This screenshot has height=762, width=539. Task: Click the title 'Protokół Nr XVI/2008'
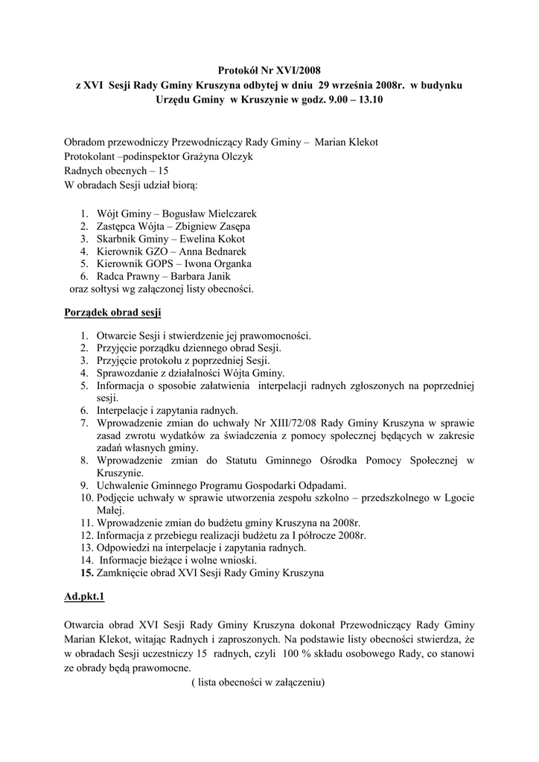(x=269, y=71)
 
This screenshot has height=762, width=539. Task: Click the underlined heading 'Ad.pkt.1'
(x=85, y=597)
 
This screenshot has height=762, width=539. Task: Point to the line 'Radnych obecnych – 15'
(x=116, y=170)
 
